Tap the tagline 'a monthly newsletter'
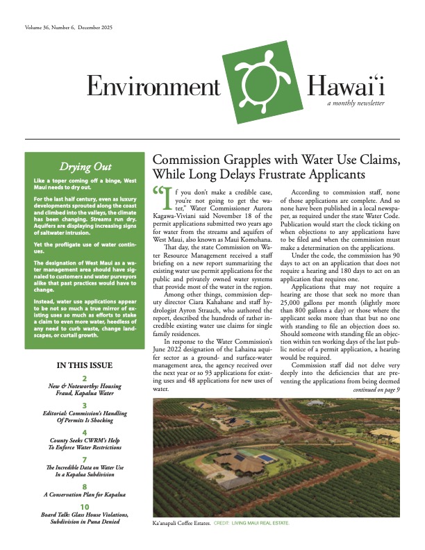tap(356, 103)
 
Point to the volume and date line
tap(69, 28)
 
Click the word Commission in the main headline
tap(190, 159)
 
